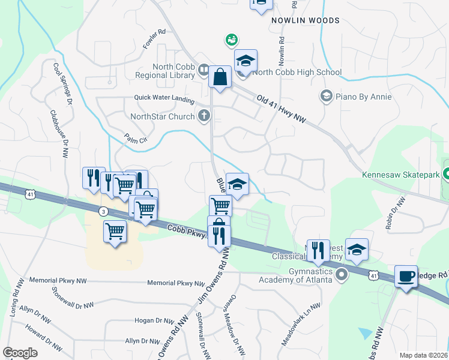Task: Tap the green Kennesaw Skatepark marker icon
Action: pyautogui.click(x=447, y=175)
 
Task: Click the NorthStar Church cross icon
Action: pyautogui.click(x=204, y=116)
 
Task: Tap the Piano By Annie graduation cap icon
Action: pyautogui.click(x=326, y=96)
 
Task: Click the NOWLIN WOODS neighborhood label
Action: pyautogui.click(x=305, y=20)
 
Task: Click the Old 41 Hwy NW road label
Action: pyautogui.click(x=282, y=109)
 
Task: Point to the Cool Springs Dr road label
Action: pyautogui.click(x=62, y=83)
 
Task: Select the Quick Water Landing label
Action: pyautogui.click(x=164, y=99)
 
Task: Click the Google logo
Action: pyautogui.click(x=20, y=352)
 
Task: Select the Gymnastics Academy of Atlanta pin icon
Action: pyautogui.click(x=342, y=275)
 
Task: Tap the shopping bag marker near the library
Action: pyautogui.click(x=220, y=77)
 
